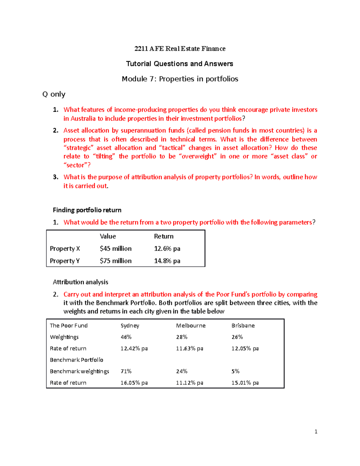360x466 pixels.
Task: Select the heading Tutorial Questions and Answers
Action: click(179, 64)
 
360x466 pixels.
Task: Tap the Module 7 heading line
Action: click(180, 79)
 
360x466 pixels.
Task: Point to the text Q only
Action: click(54, 94)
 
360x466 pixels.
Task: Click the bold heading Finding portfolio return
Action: click(87, 210)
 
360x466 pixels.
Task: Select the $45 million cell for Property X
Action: click(115, 248)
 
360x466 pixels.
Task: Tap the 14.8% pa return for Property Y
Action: click(167, 261)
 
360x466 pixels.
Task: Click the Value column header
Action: click(108, 236)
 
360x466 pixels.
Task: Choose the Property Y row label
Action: click(64, 261)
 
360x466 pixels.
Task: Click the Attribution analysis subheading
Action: click(80, 282)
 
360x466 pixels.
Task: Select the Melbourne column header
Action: click(190, 326)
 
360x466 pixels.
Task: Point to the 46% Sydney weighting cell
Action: click(126, 337)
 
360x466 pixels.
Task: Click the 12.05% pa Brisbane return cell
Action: click(245, 348)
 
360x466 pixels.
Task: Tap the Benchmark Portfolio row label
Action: click(76, 360)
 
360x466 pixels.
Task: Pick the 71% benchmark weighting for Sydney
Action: click(126, 371)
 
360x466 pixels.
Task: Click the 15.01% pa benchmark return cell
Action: click(245, 383)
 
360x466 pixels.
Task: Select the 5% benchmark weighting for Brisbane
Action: click(235, 371)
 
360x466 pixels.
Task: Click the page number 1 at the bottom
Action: click(316, 431)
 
